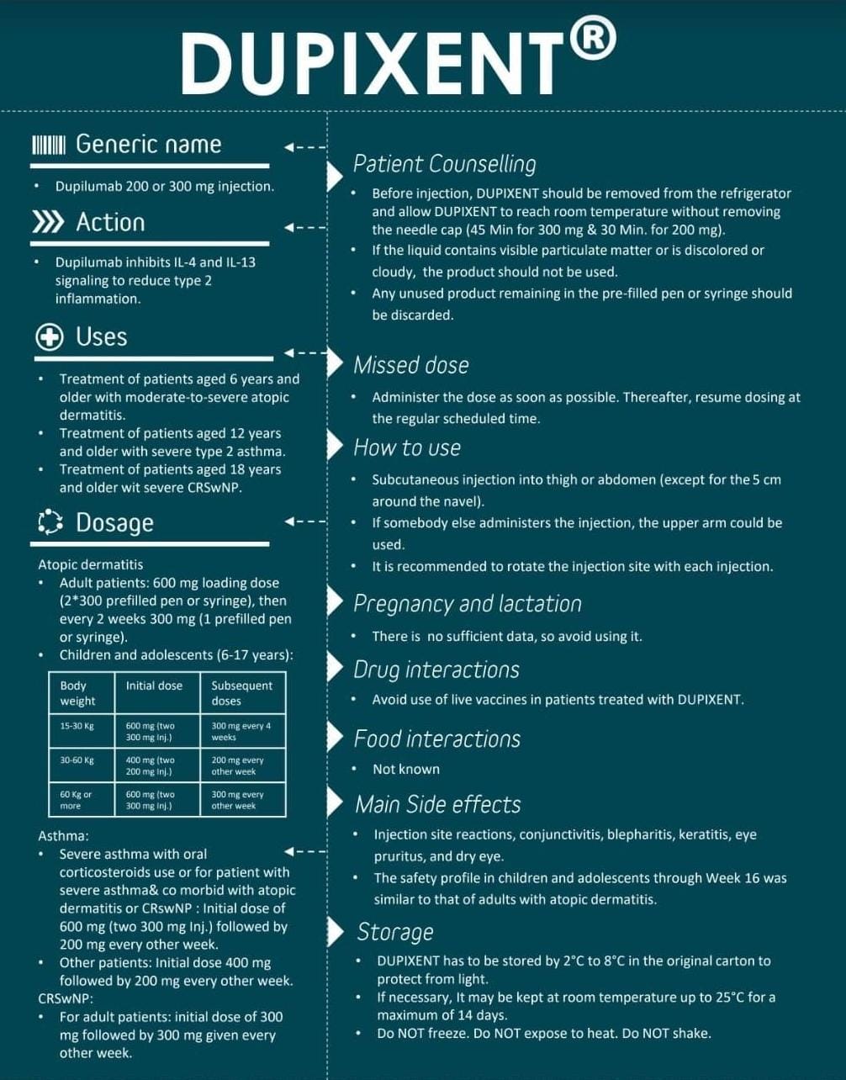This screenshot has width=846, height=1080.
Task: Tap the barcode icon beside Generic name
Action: coord(48,145)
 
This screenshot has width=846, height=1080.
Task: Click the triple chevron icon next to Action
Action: coord(48,222)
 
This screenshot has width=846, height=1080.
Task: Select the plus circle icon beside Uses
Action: coord(50,337)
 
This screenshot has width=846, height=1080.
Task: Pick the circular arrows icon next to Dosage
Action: coord(50,522)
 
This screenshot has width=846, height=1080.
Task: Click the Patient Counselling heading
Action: coord(444,163)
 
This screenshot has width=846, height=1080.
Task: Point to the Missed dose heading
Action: coord(410,364)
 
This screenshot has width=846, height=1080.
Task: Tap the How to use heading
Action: coord(407,447)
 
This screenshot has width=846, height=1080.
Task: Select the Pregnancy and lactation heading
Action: coord(467,603)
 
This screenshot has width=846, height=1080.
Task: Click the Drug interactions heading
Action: coord(436,670)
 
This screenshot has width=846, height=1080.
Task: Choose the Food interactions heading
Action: coord(436,739)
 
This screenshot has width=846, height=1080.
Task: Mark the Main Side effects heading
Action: coord(437,804)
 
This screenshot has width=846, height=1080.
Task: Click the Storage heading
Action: coord(394,932)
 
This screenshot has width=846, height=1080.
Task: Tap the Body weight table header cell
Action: coord(81,693)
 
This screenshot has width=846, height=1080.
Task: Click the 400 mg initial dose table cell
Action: coord(157,765)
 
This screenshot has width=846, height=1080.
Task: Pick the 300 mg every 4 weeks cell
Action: coord(242,731)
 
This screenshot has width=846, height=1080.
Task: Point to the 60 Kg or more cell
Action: coord(81,800)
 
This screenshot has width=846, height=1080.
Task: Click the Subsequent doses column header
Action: coord(242,693)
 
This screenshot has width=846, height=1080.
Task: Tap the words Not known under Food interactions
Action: coord(406,769)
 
